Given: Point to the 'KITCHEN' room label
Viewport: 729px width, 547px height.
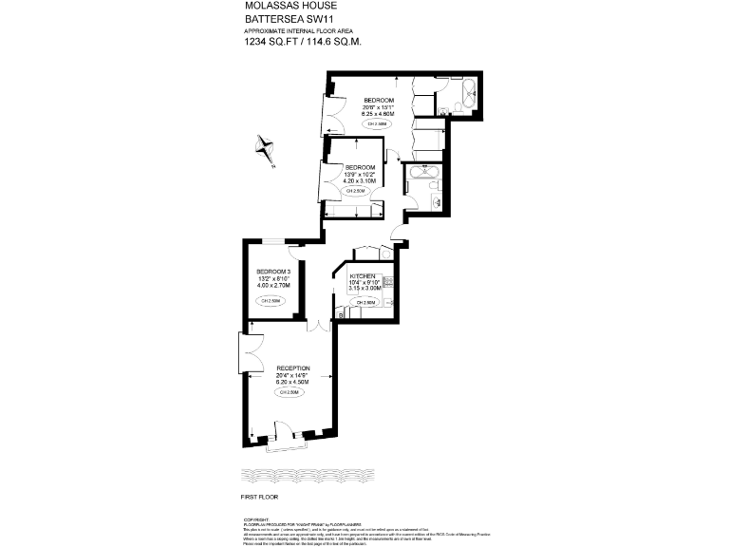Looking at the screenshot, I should click(364, 274).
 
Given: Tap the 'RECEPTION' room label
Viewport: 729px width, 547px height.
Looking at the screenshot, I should click(292, 368).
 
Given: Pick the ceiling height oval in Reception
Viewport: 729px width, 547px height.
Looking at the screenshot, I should click(290, 392).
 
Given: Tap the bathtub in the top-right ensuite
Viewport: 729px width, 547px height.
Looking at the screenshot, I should click(465, 94).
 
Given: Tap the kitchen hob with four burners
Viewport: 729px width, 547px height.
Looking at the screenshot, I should click(386, 284).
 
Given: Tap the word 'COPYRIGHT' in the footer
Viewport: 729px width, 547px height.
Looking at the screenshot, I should click(256, 519).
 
